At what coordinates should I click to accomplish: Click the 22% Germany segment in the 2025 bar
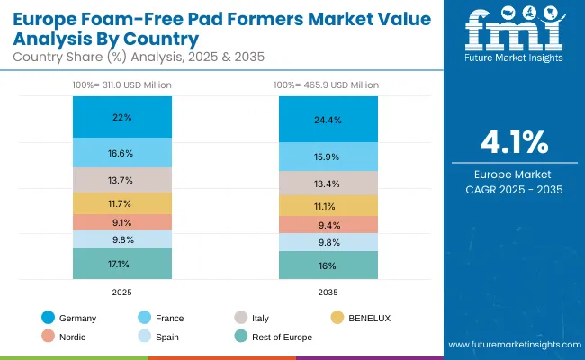[x=122, y=117]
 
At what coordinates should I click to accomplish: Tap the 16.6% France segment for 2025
[x=122, y=153]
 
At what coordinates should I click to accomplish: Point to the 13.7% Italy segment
[x=122, y=180]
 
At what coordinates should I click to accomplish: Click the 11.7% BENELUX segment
[x=122, y=203]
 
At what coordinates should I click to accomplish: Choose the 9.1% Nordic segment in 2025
[x=122, y=222]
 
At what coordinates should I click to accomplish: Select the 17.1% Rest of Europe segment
[x=122, y=264]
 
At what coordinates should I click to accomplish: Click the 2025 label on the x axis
[x=122, y=292]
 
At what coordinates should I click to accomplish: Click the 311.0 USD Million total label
[x=122, y=85]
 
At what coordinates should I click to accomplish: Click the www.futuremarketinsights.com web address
[x=510, y=345]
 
